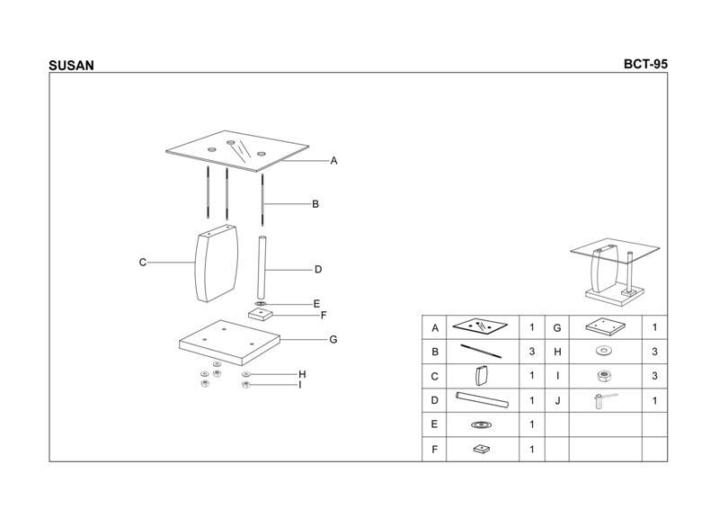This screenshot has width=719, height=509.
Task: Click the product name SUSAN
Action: pyautogui.click(x=71, y=66)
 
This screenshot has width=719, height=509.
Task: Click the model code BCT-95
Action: pyautogui.click(x=645, y=64)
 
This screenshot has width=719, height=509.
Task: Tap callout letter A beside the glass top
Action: pyautogui.click(x=333, y=161)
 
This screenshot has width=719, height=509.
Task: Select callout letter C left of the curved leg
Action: pyautogui.click(x=143, y=262)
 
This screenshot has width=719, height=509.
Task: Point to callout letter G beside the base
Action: pyautogui.click(x=333, y=339)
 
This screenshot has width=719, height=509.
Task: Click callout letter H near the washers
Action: pyautogui.click(x=302, y=374)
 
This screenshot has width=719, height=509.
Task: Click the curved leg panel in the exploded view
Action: pyautogui.click(x=217, y=263)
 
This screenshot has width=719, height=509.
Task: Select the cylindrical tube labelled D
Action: pyautogui.click(x=262, y=268)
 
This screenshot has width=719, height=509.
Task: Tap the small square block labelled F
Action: pyautogui.click(x=261, y=315)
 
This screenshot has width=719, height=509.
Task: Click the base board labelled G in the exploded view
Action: pyautogui.click(x=229, y=343)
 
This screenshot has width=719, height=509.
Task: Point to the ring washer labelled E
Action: pyautogui.click(x=261, y=304)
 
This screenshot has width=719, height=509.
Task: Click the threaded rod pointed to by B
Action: pyautogui.click(x=262, y=200)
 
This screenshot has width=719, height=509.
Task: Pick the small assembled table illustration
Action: pyautogui.click(x=616, y=272)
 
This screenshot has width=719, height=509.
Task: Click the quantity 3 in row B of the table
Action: pyautogui.click(x=532, y=352)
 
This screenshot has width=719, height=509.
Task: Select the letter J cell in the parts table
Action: pyautogui.click(x=557, y=401)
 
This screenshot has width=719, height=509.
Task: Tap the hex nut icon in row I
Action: pyautogui.click(x=605, y=377)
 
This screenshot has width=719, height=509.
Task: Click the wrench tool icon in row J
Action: pyautogui.click(x=605, y=401)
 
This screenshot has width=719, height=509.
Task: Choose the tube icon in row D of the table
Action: pyautogui.click(x=482, y=400)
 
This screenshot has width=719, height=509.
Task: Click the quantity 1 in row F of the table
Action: pyautogui.click(x=532, y=449)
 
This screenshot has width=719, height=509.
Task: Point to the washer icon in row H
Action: pyautogui.click(x=604, y=351)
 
